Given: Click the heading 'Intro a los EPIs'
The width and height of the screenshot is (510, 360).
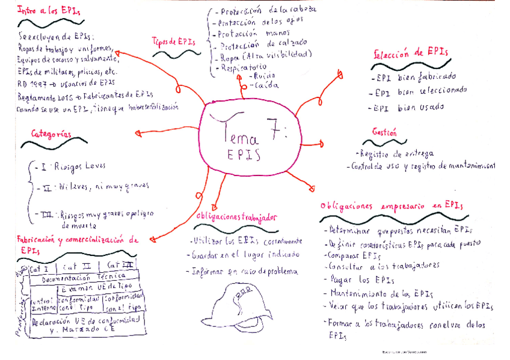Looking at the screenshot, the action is (x=49, y=10).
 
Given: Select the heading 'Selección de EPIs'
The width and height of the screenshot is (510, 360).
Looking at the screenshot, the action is (x=411, y=52).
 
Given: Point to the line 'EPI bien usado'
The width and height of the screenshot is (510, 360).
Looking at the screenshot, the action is (x=409, y=108).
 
